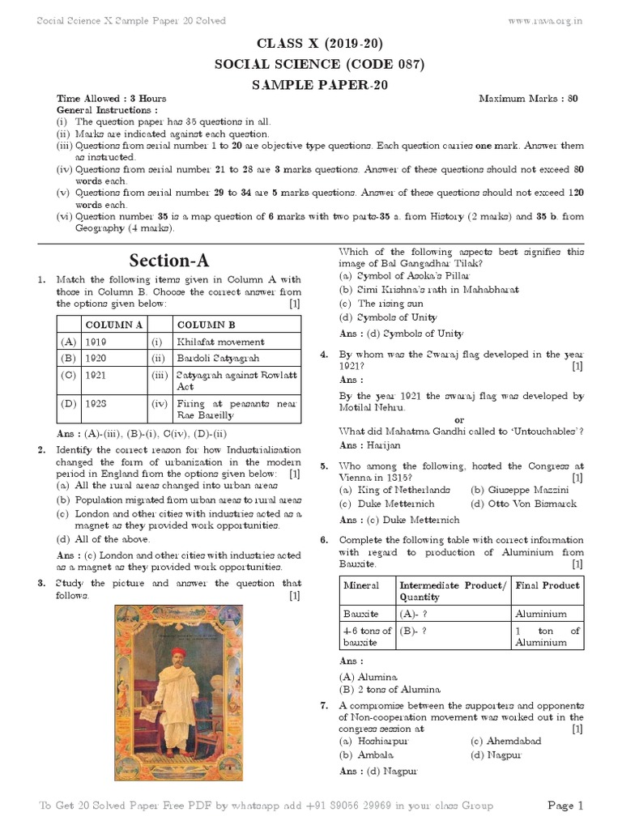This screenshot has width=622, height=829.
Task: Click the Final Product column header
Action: tap(547, 585)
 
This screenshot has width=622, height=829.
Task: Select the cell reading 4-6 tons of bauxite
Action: tap(367, 636)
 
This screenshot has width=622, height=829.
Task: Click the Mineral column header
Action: tap(361, 585)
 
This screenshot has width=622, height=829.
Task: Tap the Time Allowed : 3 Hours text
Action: tap(111, 99)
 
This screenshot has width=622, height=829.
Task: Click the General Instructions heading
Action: tap(107, 109)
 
